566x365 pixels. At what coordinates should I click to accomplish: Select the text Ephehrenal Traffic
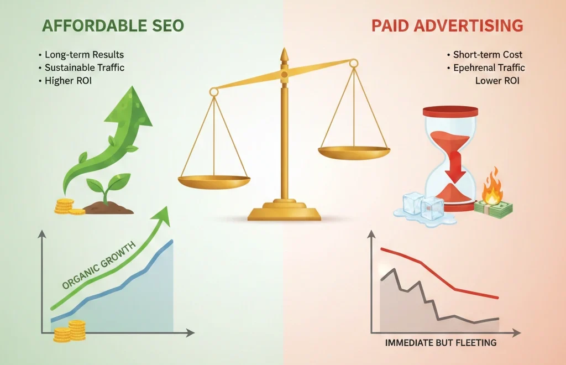(489, 67)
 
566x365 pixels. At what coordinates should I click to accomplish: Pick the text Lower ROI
(498, 81)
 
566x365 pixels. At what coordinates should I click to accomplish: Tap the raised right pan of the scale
(354, 150)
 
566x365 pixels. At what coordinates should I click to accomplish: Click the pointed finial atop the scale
(284, 55)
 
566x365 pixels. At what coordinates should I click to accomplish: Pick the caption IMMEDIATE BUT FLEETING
(441, 343)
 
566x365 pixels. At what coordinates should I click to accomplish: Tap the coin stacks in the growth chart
(70, 330)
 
